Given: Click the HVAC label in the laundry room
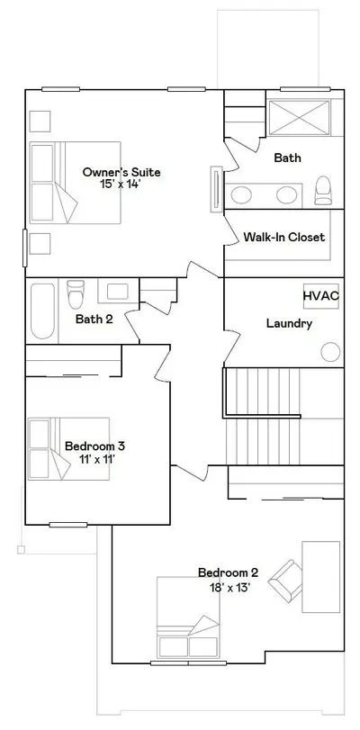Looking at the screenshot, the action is click(321, 296).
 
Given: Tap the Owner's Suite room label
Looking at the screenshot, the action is click(121, 172).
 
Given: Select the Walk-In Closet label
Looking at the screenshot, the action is click(284, 237).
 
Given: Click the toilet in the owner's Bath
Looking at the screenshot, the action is click(323, 191).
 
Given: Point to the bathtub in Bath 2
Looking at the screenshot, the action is click(42, 311).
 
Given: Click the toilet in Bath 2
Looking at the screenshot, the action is click(76, 293).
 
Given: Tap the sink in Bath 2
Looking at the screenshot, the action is click(117, 292).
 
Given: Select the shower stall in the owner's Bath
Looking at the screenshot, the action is click(299, 118).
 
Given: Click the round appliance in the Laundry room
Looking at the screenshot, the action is click(330, 352).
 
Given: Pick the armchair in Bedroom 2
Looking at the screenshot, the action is click(285, 580).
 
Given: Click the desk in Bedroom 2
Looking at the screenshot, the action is click(321, 577).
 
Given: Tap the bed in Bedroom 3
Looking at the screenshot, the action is click(69, 449).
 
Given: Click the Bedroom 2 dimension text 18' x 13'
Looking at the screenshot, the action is click(228, 588).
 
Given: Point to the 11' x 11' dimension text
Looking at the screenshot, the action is click(97, 459).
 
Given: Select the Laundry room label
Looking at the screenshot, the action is click(289, 323).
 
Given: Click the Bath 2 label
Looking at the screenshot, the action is click(94, 320).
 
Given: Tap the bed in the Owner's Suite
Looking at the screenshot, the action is click(75, 183).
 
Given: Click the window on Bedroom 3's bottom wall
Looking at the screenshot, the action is click(68, 525).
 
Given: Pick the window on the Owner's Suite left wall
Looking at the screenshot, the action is click(25, 248).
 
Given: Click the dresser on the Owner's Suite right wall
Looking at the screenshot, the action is click(217, 190).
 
